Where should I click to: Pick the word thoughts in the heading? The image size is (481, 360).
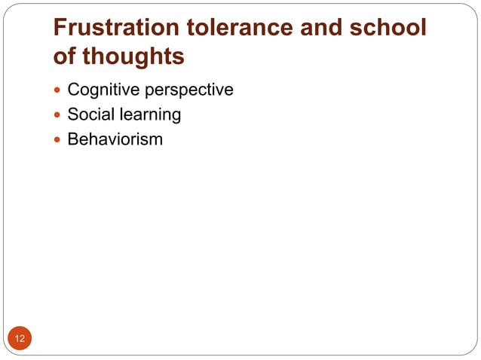click(133, 56)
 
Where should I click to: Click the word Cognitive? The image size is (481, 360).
click(100, 90)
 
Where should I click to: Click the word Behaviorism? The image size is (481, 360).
click(115, 139)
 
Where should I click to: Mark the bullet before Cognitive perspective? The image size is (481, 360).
click(58, 91)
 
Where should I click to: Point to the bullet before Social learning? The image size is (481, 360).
click(58, 116)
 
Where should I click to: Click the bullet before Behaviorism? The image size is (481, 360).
click(58, 140)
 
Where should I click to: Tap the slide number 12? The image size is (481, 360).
click(20, 339)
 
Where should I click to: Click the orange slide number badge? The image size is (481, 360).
click(20, 339)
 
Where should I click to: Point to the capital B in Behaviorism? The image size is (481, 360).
click(72, 139)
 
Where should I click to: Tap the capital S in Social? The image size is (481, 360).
click(72, 115)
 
